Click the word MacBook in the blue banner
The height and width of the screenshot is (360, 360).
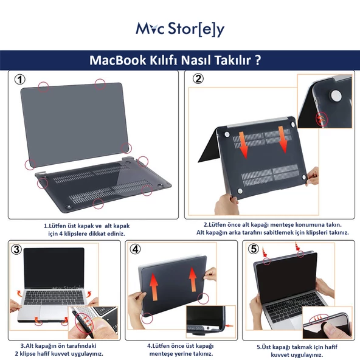pos(117,60)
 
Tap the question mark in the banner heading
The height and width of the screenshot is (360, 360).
pos(258,60)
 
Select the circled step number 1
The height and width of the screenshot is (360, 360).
pos(20,80)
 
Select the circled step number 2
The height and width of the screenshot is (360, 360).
pos(198,79)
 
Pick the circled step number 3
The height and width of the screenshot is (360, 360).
pos(16,249)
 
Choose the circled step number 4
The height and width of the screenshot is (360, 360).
pos(135,249)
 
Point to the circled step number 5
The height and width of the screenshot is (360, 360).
pos(253,249)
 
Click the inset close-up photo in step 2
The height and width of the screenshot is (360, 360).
pos(324,100)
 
